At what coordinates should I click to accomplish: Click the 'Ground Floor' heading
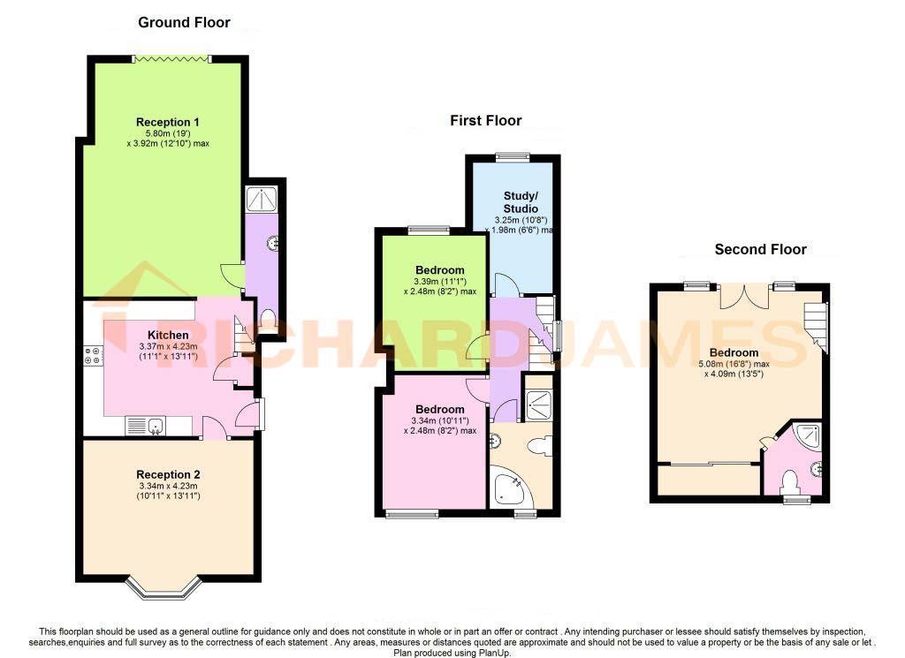pos(184,22)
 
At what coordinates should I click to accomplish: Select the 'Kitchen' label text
pos(168,335)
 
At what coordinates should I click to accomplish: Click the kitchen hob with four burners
pos(92,356)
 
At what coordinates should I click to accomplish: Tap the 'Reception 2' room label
pos(168,474)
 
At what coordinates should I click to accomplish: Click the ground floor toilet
pos(268,318)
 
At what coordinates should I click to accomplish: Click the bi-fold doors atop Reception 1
pos(171,59)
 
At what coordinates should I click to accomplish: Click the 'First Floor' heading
pos(485,120)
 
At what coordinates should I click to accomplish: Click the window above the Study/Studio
pos(513,158)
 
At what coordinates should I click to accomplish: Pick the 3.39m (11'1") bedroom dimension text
pos(440,281)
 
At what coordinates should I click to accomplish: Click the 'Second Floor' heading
pos(760,249)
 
